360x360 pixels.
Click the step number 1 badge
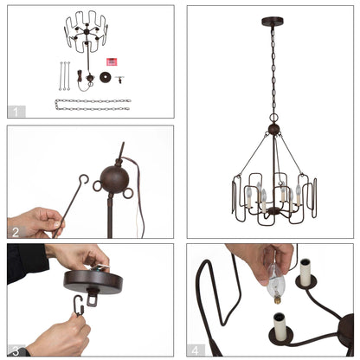pos(16,111)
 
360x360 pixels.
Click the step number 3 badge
pos(16,349)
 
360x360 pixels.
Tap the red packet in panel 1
pos(111,61)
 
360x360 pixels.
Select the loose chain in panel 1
pos(92,105)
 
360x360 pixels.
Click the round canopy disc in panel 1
pos(106,80)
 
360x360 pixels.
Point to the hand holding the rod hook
pos(35,222)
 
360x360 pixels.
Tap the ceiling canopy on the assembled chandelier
pos(271,18)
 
